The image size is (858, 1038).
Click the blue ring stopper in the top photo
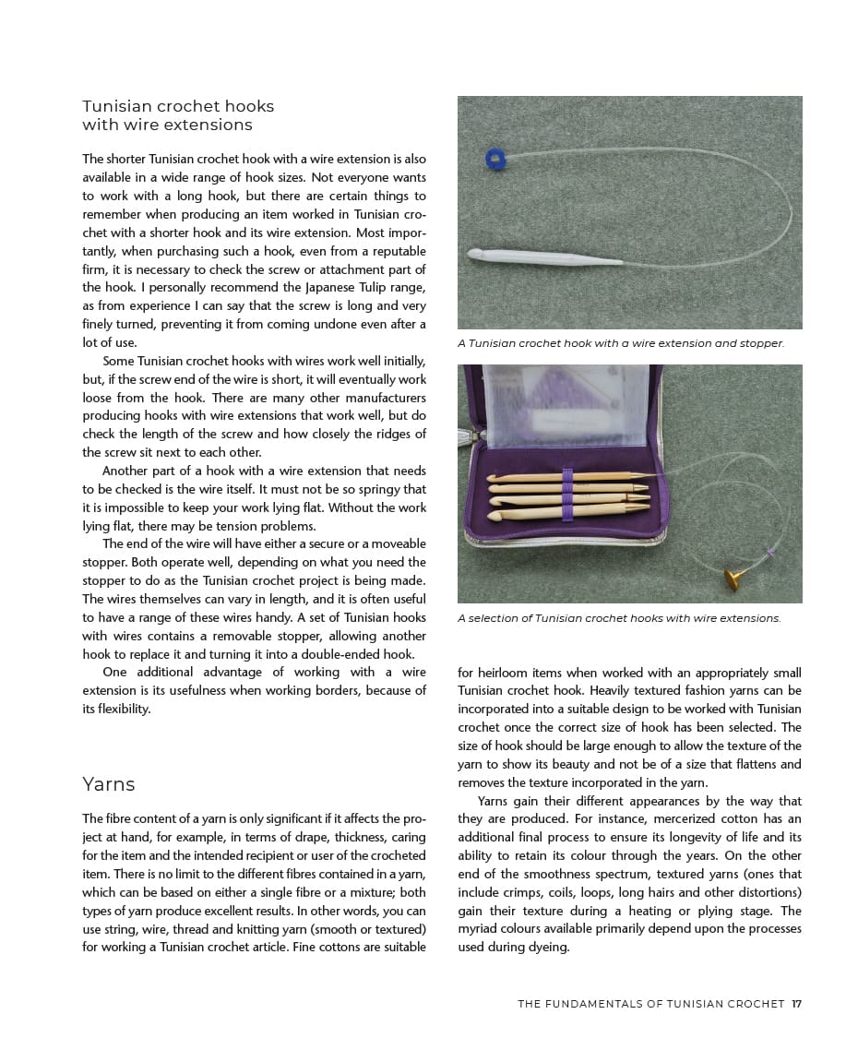[495, 159]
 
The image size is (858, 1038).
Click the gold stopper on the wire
[735, 578]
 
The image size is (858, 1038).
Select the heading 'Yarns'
[109, 784]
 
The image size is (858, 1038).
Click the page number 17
[796, 1004]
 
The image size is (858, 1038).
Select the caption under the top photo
[620, 343]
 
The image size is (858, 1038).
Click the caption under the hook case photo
[619, 618]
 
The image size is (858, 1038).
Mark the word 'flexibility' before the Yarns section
[116, 709]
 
